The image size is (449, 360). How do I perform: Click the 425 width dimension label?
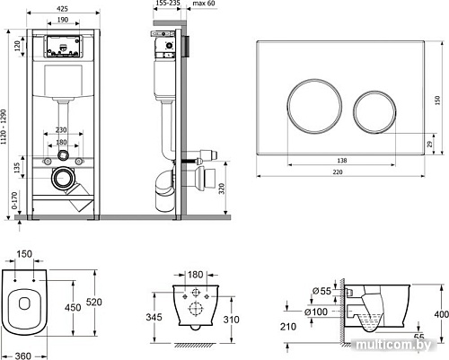[62, 9]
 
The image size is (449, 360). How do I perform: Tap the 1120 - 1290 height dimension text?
[4, 127]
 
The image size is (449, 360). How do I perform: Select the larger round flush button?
[314, 106]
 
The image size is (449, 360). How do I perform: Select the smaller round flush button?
[374, 111]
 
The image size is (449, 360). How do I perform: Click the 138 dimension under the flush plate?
[342, 161]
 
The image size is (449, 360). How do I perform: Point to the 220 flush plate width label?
[338, 172]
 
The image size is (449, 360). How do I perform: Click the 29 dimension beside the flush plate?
[430, 144]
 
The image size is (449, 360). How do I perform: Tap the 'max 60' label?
[204, 4]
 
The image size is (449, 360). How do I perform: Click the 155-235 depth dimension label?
[168, 4]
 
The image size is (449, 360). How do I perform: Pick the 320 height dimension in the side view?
[222, 189]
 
